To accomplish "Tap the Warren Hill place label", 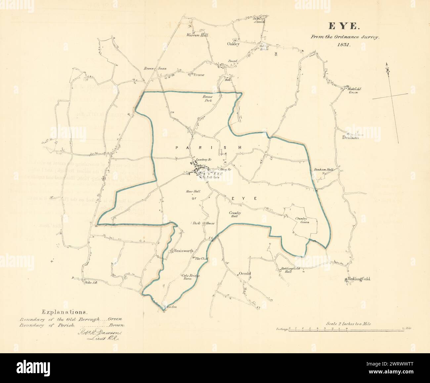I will tap(197, 34).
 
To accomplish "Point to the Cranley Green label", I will tap(302, 220).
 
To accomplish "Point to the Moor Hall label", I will tap(195, 192).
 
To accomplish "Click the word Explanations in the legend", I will tap(65, 312).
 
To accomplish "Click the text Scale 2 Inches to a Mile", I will tap(348, 324).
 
